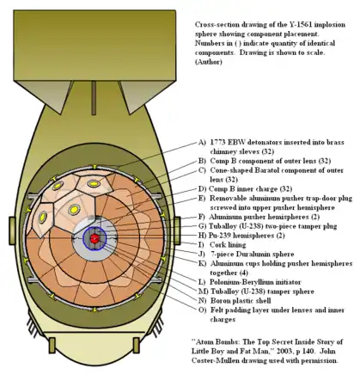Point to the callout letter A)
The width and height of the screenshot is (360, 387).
point(202,141)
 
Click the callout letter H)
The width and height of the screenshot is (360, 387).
point(202,235)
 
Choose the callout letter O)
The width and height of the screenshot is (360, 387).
point(202,311)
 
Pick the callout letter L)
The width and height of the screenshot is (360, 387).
point(202,281)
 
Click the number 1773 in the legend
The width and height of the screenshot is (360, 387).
point(221,141)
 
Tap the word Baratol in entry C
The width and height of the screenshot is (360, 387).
point(267,170)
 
